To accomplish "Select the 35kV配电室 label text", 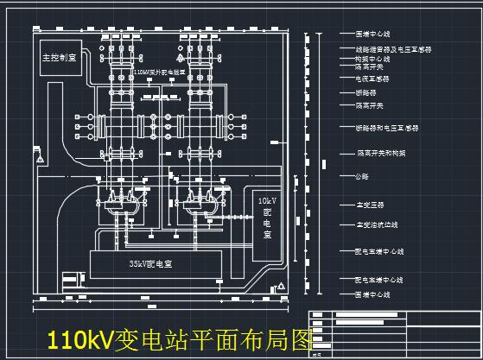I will (x=150, y=262).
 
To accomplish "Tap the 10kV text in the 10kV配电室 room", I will (x=267, y=200).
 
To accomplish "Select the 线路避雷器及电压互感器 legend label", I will (x=393, y=50).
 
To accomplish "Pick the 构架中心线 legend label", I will (x=373, y=59).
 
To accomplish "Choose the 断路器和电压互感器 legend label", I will (x=387, y=128).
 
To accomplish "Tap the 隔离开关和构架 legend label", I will (x=381, y=153).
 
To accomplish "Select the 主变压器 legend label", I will (x=371, y=205).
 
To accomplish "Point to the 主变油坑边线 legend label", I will (x=377, y=225).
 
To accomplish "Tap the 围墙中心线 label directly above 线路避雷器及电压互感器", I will (x=373, y=35).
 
